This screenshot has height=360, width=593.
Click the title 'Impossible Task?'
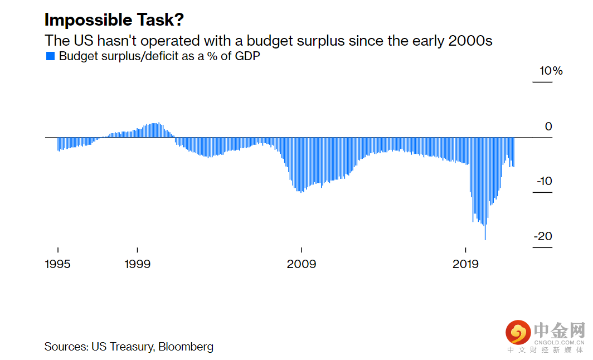point(114,20)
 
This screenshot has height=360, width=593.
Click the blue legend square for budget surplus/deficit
point(50,56)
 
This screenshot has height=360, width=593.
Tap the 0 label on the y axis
point(548,127)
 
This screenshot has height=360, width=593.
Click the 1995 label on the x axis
point(58,264)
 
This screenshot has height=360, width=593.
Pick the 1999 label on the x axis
point(137,264)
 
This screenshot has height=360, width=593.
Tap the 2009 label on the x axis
point(302,264)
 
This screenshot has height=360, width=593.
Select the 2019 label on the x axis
point(465,264)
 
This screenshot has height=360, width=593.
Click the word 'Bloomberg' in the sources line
point(186,347)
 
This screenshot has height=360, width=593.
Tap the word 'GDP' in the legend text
point(247,56)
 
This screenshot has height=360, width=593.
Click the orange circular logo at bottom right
point(518,333)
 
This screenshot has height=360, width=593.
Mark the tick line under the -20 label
point(542,247)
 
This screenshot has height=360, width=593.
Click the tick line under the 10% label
point(542,82)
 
